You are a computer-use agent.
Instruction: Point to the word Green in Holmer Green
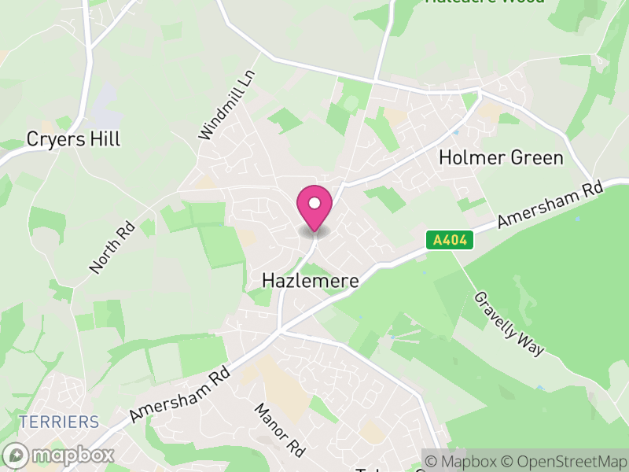coord(537,157)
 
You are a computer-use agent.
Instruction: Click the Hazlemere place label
coord(310,281)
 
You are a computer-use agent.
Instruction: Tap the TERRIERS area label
coord(60,422)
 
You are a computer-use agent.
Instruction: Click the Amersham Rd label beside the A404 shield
coord(550,206)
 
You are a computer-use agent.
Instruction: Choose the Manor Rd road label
coord(279,430)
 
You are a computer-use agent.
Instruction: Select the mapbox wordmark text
coord(72,455)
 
